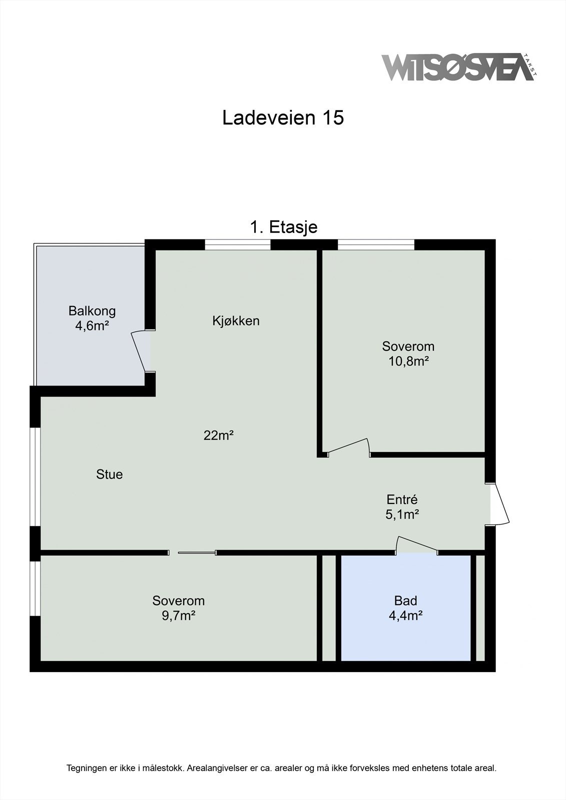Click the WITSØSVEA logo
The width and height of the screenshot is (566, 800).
[458, 67]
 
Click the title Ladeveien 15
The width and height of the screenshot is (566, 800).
[283, 118]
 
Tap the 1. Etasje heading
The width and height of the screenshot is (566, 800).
[283, 227]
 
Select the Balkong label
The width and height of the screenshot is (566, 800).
[92, 311]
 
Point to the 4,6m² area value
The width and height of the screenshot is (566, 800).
[92, 326]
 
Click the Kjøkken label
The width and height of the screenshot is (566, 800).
[236, 320]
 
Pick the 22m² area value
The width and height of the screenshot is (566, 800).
[219, 435]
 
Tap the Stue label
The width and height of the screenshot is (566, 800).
[109, 474]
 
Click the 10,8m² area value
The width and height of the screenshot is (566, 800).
[408, 361]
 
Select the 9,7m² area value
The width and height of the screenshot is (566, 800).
[178, 615]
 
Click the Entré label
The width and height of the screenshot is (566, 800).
[402, 499]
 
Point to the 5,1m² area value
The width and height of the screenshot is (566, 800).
[402, 514]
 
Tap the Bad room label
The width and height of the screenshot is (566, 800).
[405, 600]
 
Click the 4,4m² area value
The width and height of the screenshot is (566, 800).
[405, 615]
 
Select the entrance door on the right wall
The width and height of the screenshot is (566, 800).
[499, 504]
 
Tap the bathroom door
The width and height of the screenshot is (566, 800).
[417, 545]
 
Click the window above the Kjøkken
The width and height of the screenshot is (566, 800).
[238, 244]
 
